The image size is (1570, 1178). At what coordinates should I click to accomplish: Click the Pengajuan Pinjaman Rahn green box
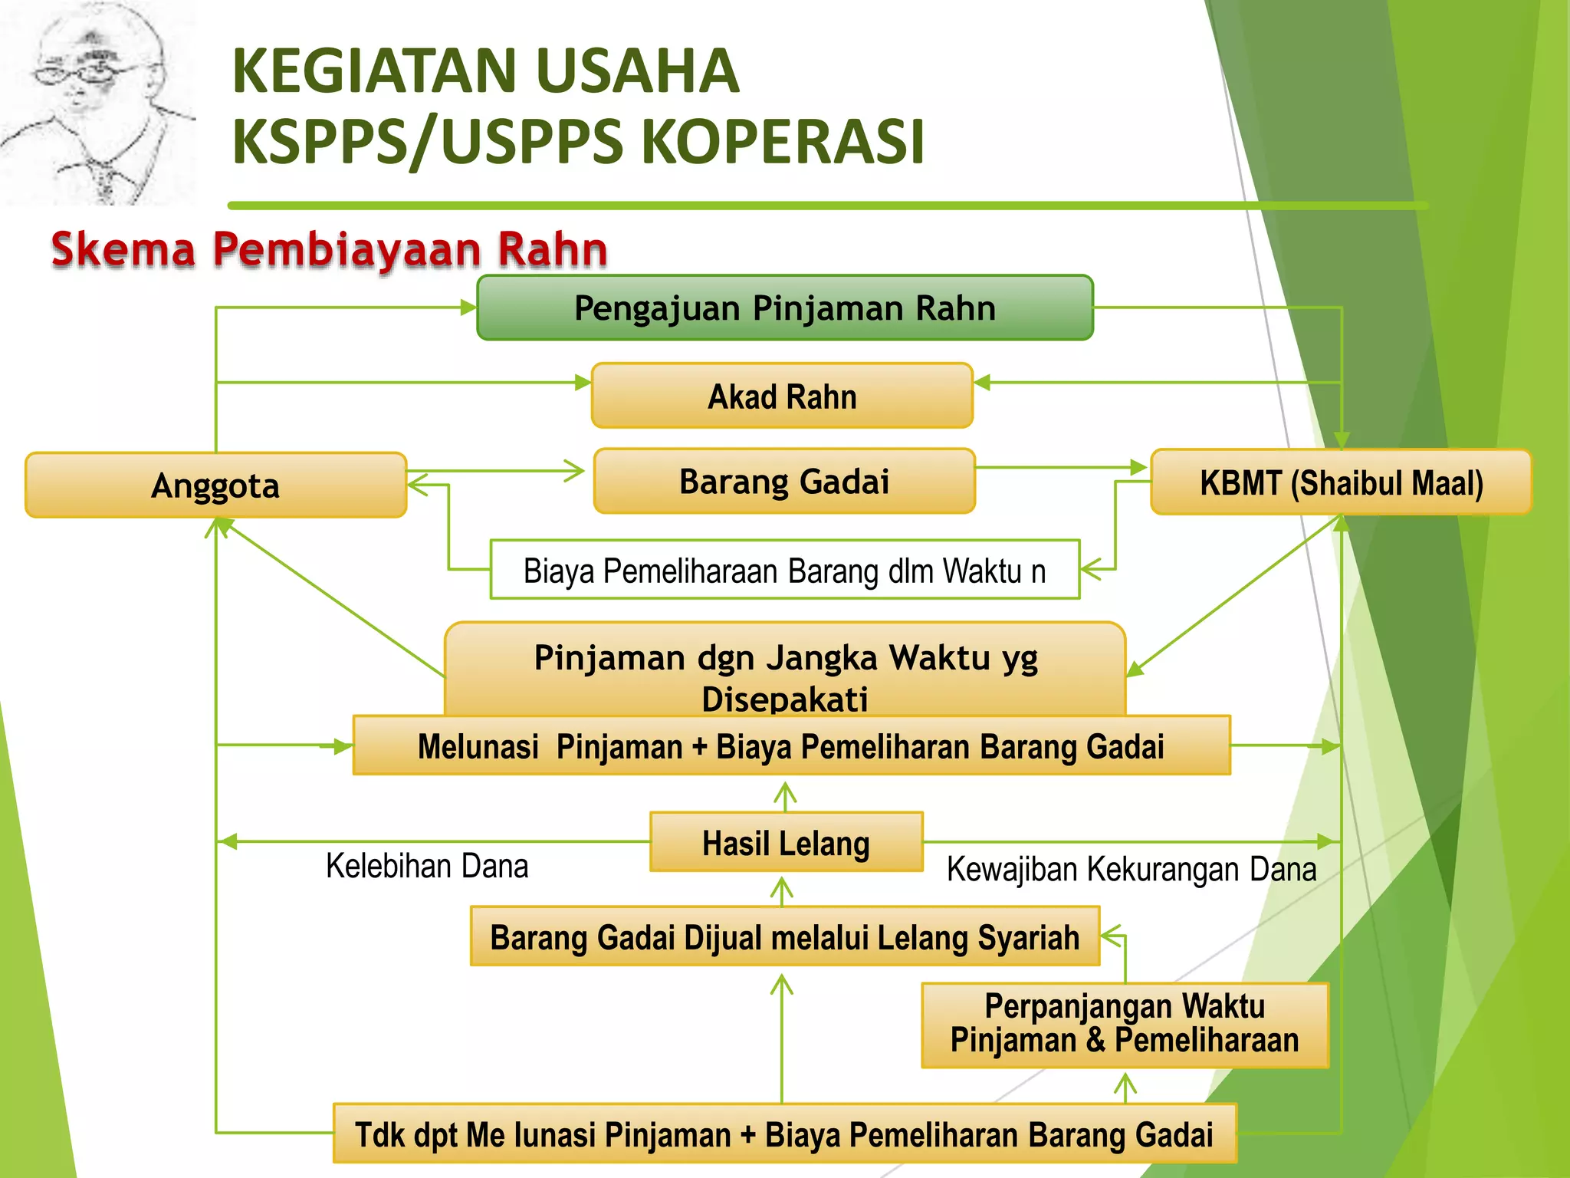(x=784, y=308)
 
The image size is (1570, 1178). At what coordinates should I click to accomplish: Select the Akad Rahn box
(x=782, y=396)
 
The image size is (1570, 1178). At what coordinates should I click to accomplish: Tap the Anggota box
(x=215, y=485)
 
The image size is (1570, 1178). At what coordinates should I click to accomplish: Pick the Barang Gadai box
(x=784, y=481)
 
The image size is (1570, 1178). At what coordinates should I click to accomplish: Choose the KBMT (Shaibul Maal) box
(x=1341, y=482)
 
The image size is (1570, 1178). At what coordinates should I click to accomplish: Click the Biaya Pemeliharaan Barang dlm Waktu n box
(x=784, y=570)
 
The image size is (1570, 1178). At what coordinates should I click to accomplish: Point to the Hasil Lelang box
(x=786, y=842)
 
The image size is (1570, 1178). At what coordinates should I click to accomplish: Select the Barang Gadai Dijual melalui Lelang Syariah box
(x=784, y=936)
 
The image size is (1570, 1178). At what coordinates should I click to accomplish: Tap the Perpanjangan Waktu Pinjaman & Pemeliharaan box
(x=1125, y=1025)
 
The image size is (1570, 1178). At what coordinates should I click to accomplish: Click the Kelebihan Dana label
(x=427, y=866)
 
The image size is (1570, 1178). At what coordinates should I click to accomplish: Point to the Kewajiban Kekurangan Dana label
(x=1132, y=869)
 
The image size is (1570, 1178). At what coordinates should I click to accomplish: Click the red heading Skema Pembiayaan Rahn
(x=330, y=249)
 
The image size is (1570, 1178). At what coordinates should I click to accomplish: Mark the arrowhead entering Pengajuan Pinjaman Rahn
(x=468, y=308)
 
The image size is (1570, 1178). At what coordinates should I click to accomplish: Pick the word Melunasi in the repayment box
(x=478, y=746)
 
